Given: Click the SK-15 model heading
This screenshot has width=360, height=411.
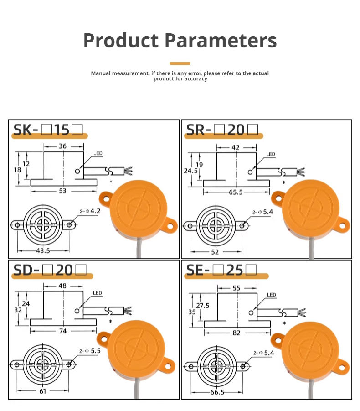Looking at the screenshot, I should [x=48, y=130].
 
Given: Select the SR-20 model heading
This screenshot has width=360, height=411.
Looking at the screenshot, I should [x=222, y=130].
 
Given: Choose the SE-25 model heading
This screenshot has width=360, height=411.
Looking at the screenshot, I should [x=221, y=270].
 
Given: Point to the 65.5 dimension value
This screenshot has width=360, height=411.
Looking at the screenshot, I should [x=236, y=192].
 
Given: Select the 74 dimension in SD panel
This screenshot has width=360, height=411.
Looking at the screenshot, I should [x=63, y=331].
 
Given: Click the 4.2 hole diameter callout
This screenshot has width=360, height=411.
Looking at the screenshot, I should [x=94, y=211].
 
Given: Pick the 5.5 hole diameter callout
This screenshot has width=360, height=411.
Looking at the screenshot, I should [x=94, y=351].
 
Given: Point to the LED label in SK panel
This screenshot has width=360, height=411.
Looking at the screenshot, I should [x=98, y=154].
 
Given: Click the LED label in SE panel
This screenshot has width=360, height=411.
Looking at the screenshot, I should [x=271, y=295].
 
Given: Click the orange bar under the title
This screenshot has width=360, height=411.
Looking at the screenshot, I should [x=180, y=63].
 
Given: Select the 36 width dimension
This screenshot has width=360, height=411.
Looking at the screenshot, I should [x=63, y=146].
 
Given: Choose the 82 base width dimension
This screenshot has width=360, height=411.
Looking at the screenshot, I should [x=236, y=333].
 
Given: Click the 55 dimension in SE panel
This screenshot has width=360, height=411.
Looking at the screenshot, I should [x=236, y=288].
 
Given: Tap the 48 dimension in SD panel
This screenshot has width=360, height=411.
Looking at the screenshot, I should [x=63, y=286].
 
